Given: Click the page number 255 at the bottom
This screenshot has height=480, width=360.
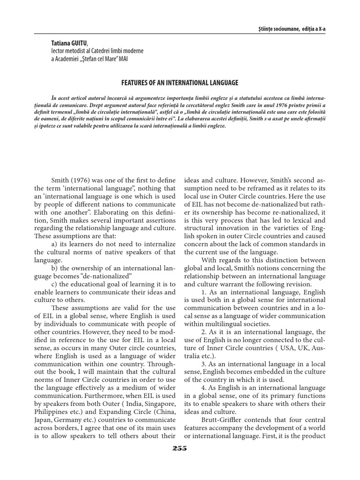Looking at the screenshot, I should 180,448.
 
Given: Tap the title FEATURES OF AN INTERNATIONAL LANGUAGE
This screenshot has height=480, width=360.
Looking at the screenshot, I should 180,83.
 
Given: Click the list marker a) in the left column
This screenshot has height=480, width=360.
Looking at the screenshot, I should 52,244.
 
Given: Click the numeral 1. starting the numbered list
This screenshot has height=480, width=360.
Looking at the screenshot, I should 203,292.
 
